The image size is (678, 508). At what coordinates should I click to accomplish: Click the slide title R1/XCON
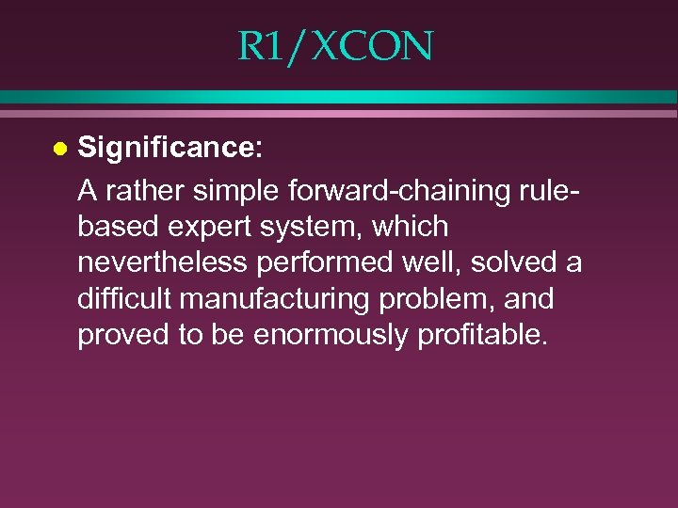tap(335, 46)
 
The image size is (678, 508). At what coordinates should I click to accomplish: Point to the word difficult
tap(124, 300)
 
